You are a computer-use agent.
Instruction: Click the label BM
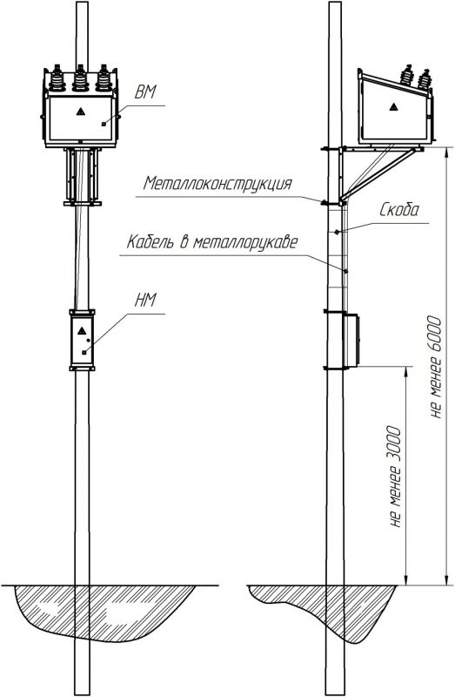point(145,92)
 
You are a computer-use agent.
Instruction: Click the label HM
point(145,301)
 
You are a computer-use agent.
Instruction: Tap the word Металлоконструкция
point(218,183)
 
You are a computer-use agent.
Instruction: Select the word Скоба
point(398,210)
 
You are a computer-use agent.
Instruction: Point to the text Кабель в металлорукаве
point(212,242)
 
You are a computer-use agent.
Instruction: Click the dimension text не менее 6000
point(435,367)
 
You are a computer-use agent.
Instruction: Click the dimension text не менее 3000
point(394,477)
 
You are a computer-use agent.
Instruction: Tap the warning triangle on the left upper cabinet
point(80,112)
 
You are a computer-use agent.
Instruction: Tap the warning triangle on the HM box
point(81,331)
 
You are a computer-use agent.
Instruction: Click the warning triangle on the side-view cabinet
point(393,106)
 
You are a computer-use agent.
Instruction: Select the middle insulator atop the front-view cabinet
point(80,78)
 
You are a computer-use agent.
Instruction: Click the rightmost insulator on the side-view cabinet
point(425,79)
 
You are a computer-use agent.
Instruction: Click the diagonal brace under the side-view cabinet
point(378,174)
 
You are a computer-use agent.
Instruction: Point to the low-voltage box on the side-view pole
point(351,341)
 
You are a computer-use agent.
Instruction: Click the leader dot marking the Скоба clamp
point(338,231)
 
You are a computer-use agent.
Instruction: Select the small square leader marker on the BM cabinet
point(104,124)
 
